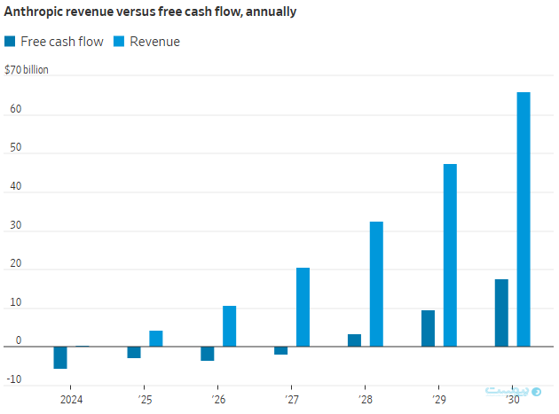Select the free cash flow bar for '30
coord(501,313)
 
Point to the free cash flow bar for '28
coord(354,340)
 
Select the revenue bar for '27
coord(303,307)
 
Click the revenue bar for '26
coord(229,326)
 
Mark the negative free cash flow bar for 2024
coord(60,357)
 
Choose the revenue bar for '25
coord(156,339)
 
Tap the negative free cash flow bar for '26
coord(208,354)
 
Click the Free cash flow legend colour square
coord(10,42)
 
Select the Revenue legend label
coord(154,42)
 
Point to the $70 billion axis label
coord(27,69)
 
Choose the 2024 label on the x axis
coord(72,400)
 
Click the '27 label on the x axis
coord(292,400)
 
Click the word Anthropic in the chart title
coord(34,11)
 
